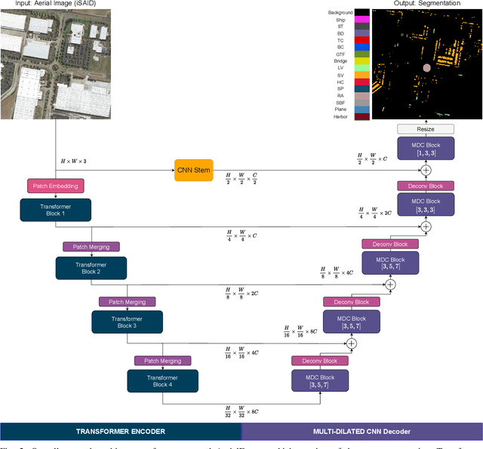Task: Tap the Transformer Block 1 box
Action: pyautogui.click(x=55, y=210)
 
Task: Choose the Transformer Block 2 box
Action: pyautogui.click(x=91, y=268)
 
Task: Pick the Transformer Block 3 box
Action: pyautogui.click(x=128, y=322)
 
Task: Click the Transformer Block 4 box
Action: pyautogui.click(x=163, y=381)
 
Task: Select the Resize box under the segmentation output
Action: pyautogui.click(x=426, y=129)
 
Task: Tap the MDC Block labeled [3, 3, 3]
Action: pyautogui.click(x=426, y=205)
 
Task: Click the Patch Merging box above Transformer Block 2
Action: pyautogui.click(x=91, y=246)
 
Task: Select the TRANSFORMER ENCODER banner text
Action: pyautogui.click(x=121, y=431)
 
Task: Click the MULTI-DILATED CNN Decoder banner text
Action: pyautogui.click(x=361, y=431)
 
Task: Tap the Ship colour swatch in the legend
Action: pyautogui.click(x=361, y=22)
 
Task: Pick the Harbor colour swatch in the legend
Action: pyautogui.click(x=361, y=116)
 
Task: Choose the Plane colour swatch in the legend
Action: pyautogui.click(x=361, y=108)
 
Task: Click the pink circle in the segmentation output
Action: pyautogui.click(x=426, y=68)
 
